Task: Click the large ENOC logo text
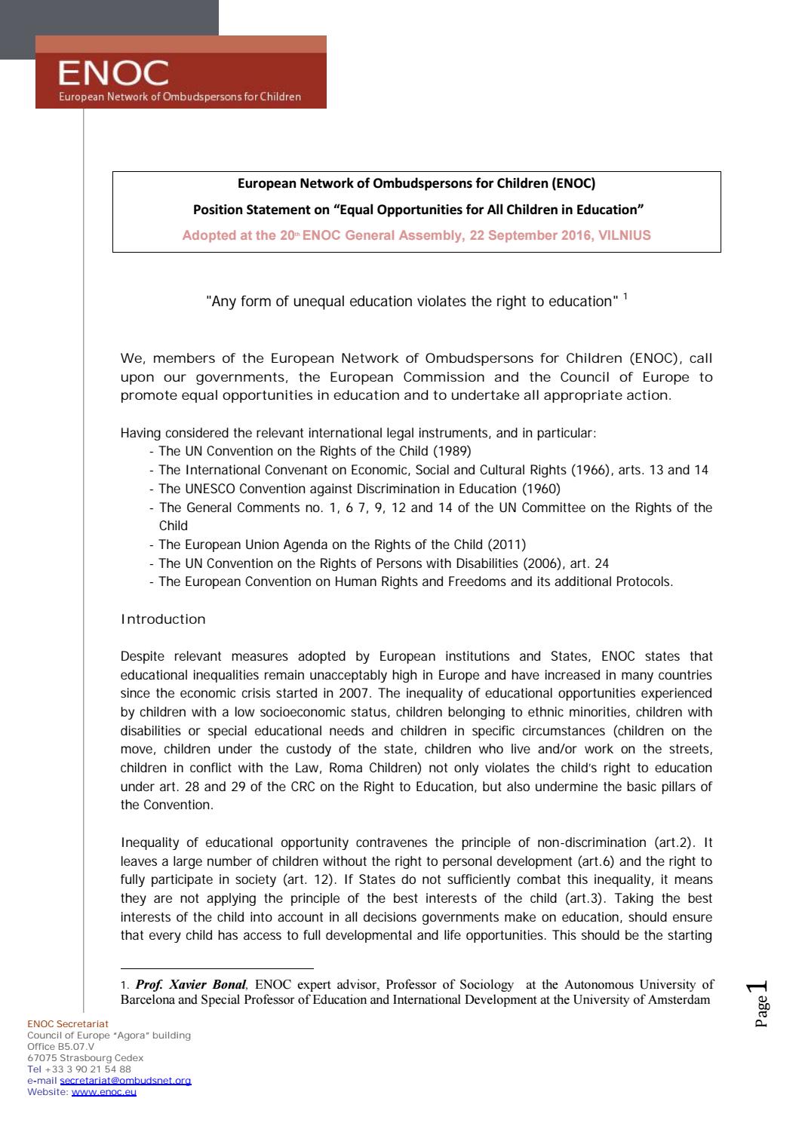pyautogui.click(x=114, y=74)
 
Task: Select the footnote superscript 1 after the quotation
pyautogui.click(x=625, y=296)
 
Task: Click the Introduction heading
pyautogui.click(x=163, y=619)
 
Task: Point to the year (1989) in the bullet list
pyautogui.click(x=451, y=451)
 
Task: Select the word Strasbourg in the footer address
pyautogui.click(x=84, y=1058)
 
